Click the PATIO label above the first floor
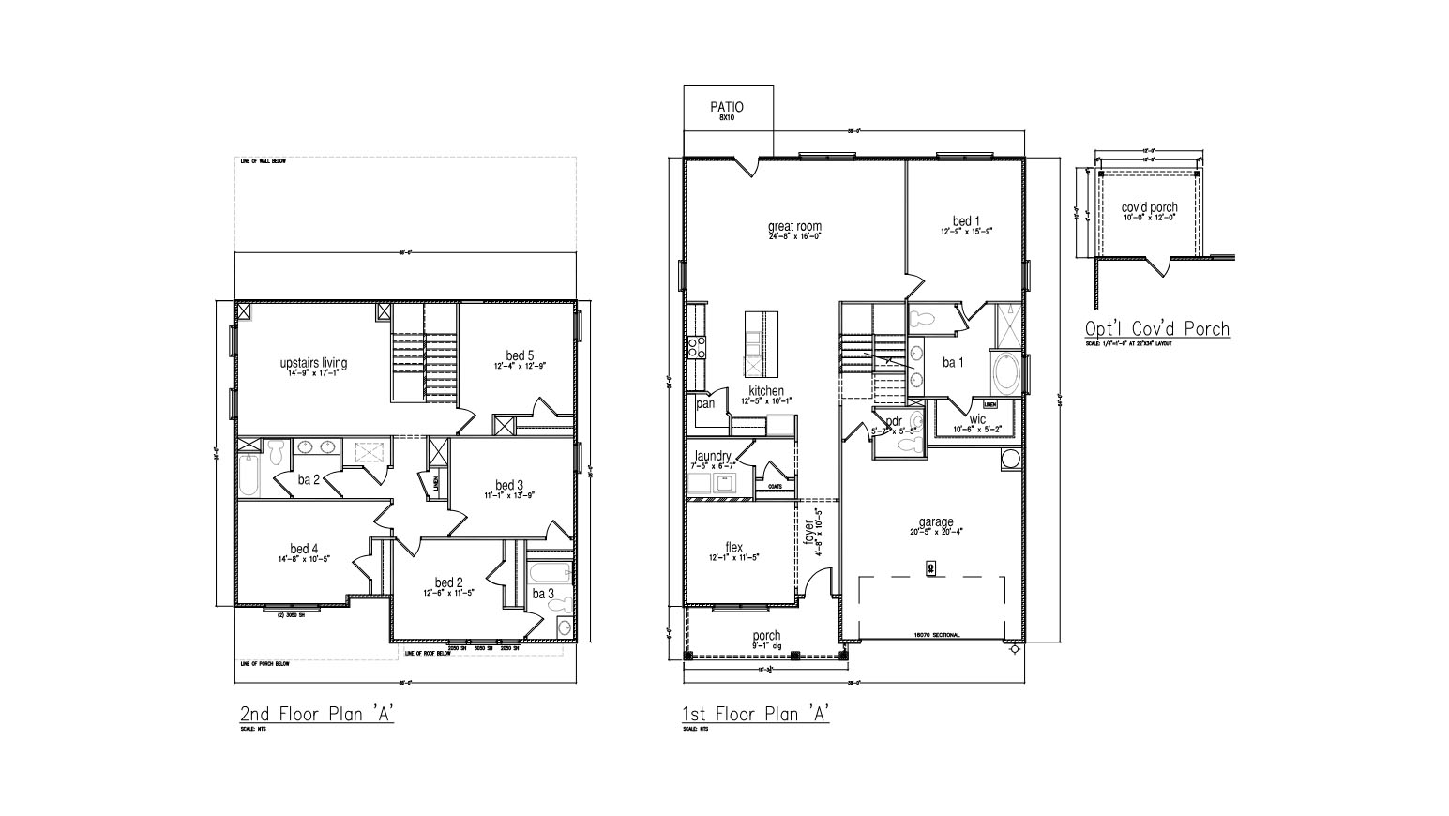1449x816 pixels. (x=728, y=108)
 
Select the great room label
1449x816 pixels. (x=794, y=226)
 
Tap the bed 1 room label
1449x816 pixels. (x=961, y=222)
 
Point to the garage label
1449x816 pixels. (x=935, y=522)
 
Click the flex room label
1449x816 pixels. (x=733, y=548)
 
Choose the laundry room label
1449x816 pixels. (x=713, y=456)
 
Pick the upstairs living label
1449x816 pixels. (x=313, y=363)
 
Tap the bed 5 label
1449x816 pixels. (x=520, y=355)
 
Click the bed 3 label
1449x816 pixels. (x=509, y=485)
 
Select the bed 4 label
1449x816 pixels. (x=304, y=549)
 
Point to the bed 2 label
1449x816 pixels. (x=449, y=582)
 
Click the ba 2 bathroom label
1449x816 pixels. (x=309, y=479)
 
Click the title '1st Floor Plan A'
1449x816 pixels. (x=756, y=714)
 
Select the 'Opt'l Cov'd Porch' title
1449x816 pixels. (x=1156, y=328)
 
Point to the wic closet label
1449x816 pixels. (x=977, y=419)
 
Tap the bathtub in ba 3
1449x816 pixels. (x=549, y=572)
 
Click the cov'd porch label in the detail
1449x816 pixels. (x=1149, y=207)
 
